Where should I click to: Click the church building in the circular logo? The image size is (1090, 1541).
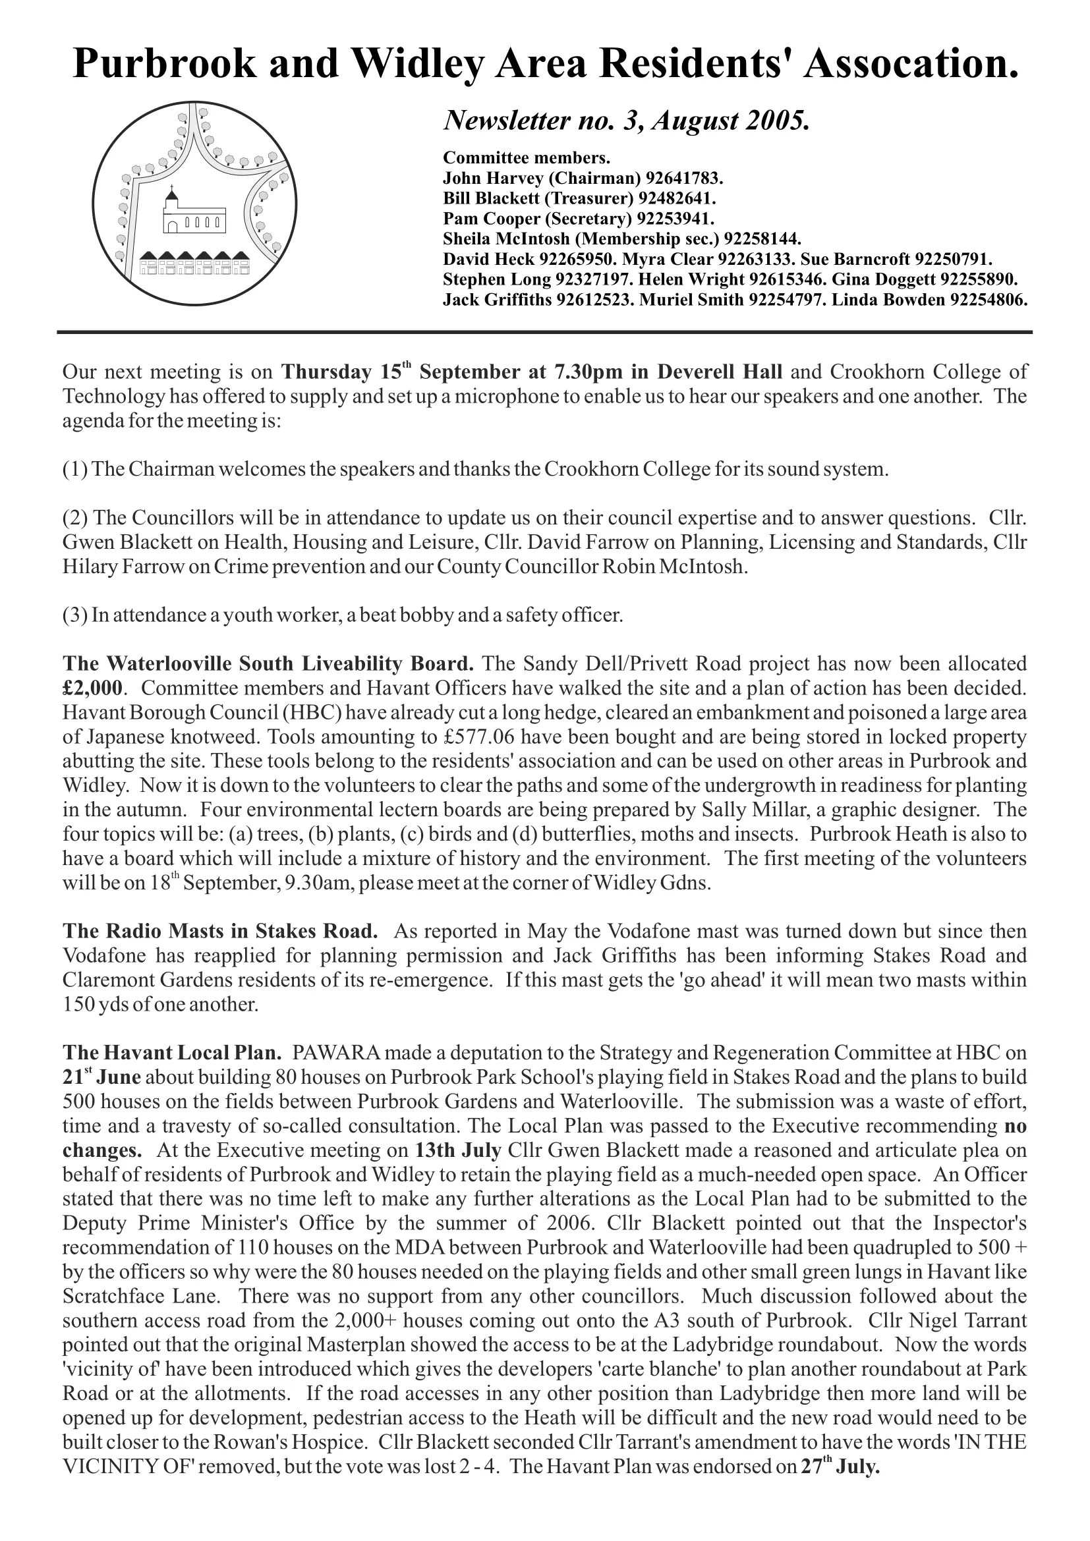(x=193, y=213)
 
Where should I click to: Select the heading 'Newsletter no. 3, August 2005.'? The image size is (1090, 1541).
(x=626, y=121)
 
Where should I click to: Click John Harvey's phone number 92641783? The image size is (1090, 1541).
(x=684, y=179)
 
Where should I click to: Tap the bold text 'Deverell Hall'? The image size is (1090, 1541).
(x=720, y=372)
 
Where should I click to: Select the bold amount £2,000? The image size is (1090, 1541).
(x=93, y=688)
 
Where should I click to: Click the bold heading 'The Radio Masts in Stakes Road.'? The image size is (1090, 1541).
(x=220, y=932)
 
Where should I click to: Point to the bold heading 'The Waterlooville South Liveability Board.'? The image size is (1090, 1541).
(x=268, y=664)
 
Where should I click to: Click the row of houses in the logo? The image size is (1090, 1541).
(x=194, y=264)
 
